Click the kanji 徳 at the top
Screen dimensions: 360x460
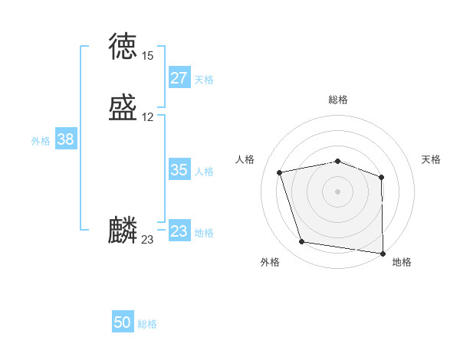[x=123, y=47]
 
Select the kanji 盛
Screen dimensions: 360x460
[x=123, y=108]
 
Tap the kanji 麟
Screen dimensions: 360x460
[x=123, y=231]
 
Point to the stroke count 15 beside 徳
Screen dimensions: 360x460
[x=147, y=56]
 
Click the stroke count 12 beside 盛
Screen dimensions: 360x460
[x=147, y=117]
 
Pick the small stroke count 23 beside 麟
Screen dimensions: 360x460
[x=147, y=240]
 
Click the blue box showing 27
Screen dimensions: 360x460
[x=179, y=78]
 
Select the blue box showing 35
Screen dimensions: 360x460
[x=179, y=170]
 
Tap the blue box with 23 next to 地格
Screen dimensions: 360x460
[x=179, y=231]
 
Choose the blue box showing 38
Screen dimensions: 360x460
[x=66, y=139]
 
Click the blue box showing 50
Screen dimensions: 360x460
[x=123, y=322]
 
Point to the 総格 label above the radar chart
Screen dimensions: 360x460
[x=337, y=100]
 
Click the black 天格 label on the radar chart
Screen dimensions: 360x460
[x=431, y=159]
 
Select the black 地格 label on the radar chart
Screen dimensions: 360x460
[x=402, y=262]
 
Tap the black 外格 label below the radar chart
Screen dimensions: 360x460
[x=270, y=262]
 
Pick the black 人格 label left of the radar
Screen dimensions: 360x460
[x=245, y=159]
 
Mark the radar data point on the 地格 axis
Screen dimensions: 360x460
[x=383, y=253]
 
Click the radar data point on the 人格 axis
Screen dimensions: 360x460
[x=280, y=172]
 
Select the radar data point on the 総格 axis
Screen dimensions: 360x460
[x=337, y=161]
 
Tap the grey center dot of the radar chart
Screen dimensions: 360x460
[x=337, y=191]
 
